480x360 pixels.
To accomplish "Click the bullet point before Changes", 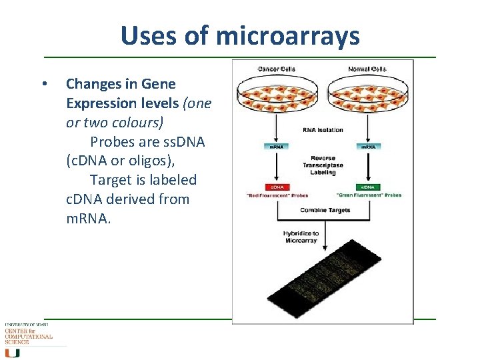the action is pos(44,85).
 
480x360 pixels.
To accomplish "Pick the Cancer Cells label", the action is pos(277,69).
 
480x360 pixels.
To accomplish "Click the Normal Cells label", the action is pos(367,69).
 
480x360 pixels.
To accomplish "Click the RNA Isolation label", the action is pos(323,129).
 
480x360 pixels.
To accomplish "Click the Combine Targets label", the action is pos(325,211).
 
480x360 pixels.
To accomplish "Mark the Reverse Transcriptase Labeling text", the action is pos(323,165).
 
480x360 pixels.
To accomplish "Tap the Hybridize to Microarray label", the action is pos(301,237).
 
